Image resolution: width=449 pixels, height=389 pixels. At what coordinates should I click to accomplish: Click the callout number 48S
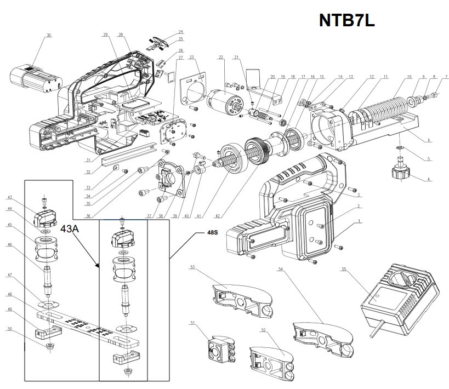point(212,232)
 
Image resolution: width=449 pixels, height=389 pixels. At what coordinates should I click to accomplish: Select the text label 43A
point(70,229)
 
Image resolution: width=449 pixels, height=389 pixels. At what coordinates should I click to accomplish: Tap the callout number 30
point(49,36)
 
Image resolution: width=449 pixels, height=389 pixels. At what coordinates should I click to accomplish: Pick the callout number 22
point(221,57)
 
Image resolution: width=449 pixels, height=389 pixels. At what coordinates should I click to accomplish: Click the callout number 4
point(429,180)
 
